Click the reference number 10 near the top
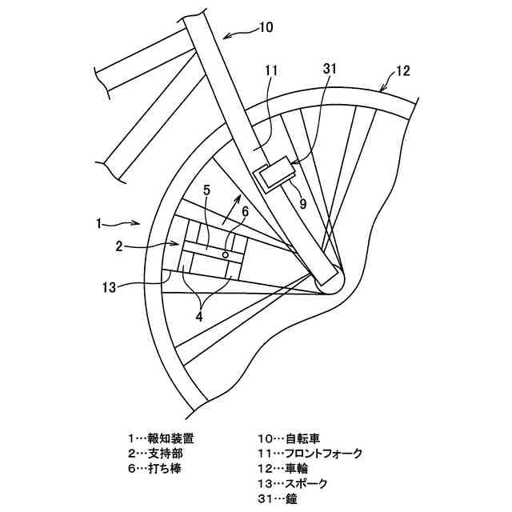[265, 26]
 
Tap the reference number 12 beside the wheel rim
[402, 70]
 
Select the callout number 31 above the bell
[330, 70]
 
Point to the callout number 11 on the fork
[270, 70]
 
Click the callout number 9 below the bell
[303, 203]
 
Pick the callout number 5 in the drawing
[206, 191]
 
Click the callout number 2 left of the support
[118, 246]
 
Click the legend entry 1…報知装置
[160, 438]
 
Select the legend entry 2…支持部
[154, 454]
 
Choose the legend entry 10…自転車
[288, 438]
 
